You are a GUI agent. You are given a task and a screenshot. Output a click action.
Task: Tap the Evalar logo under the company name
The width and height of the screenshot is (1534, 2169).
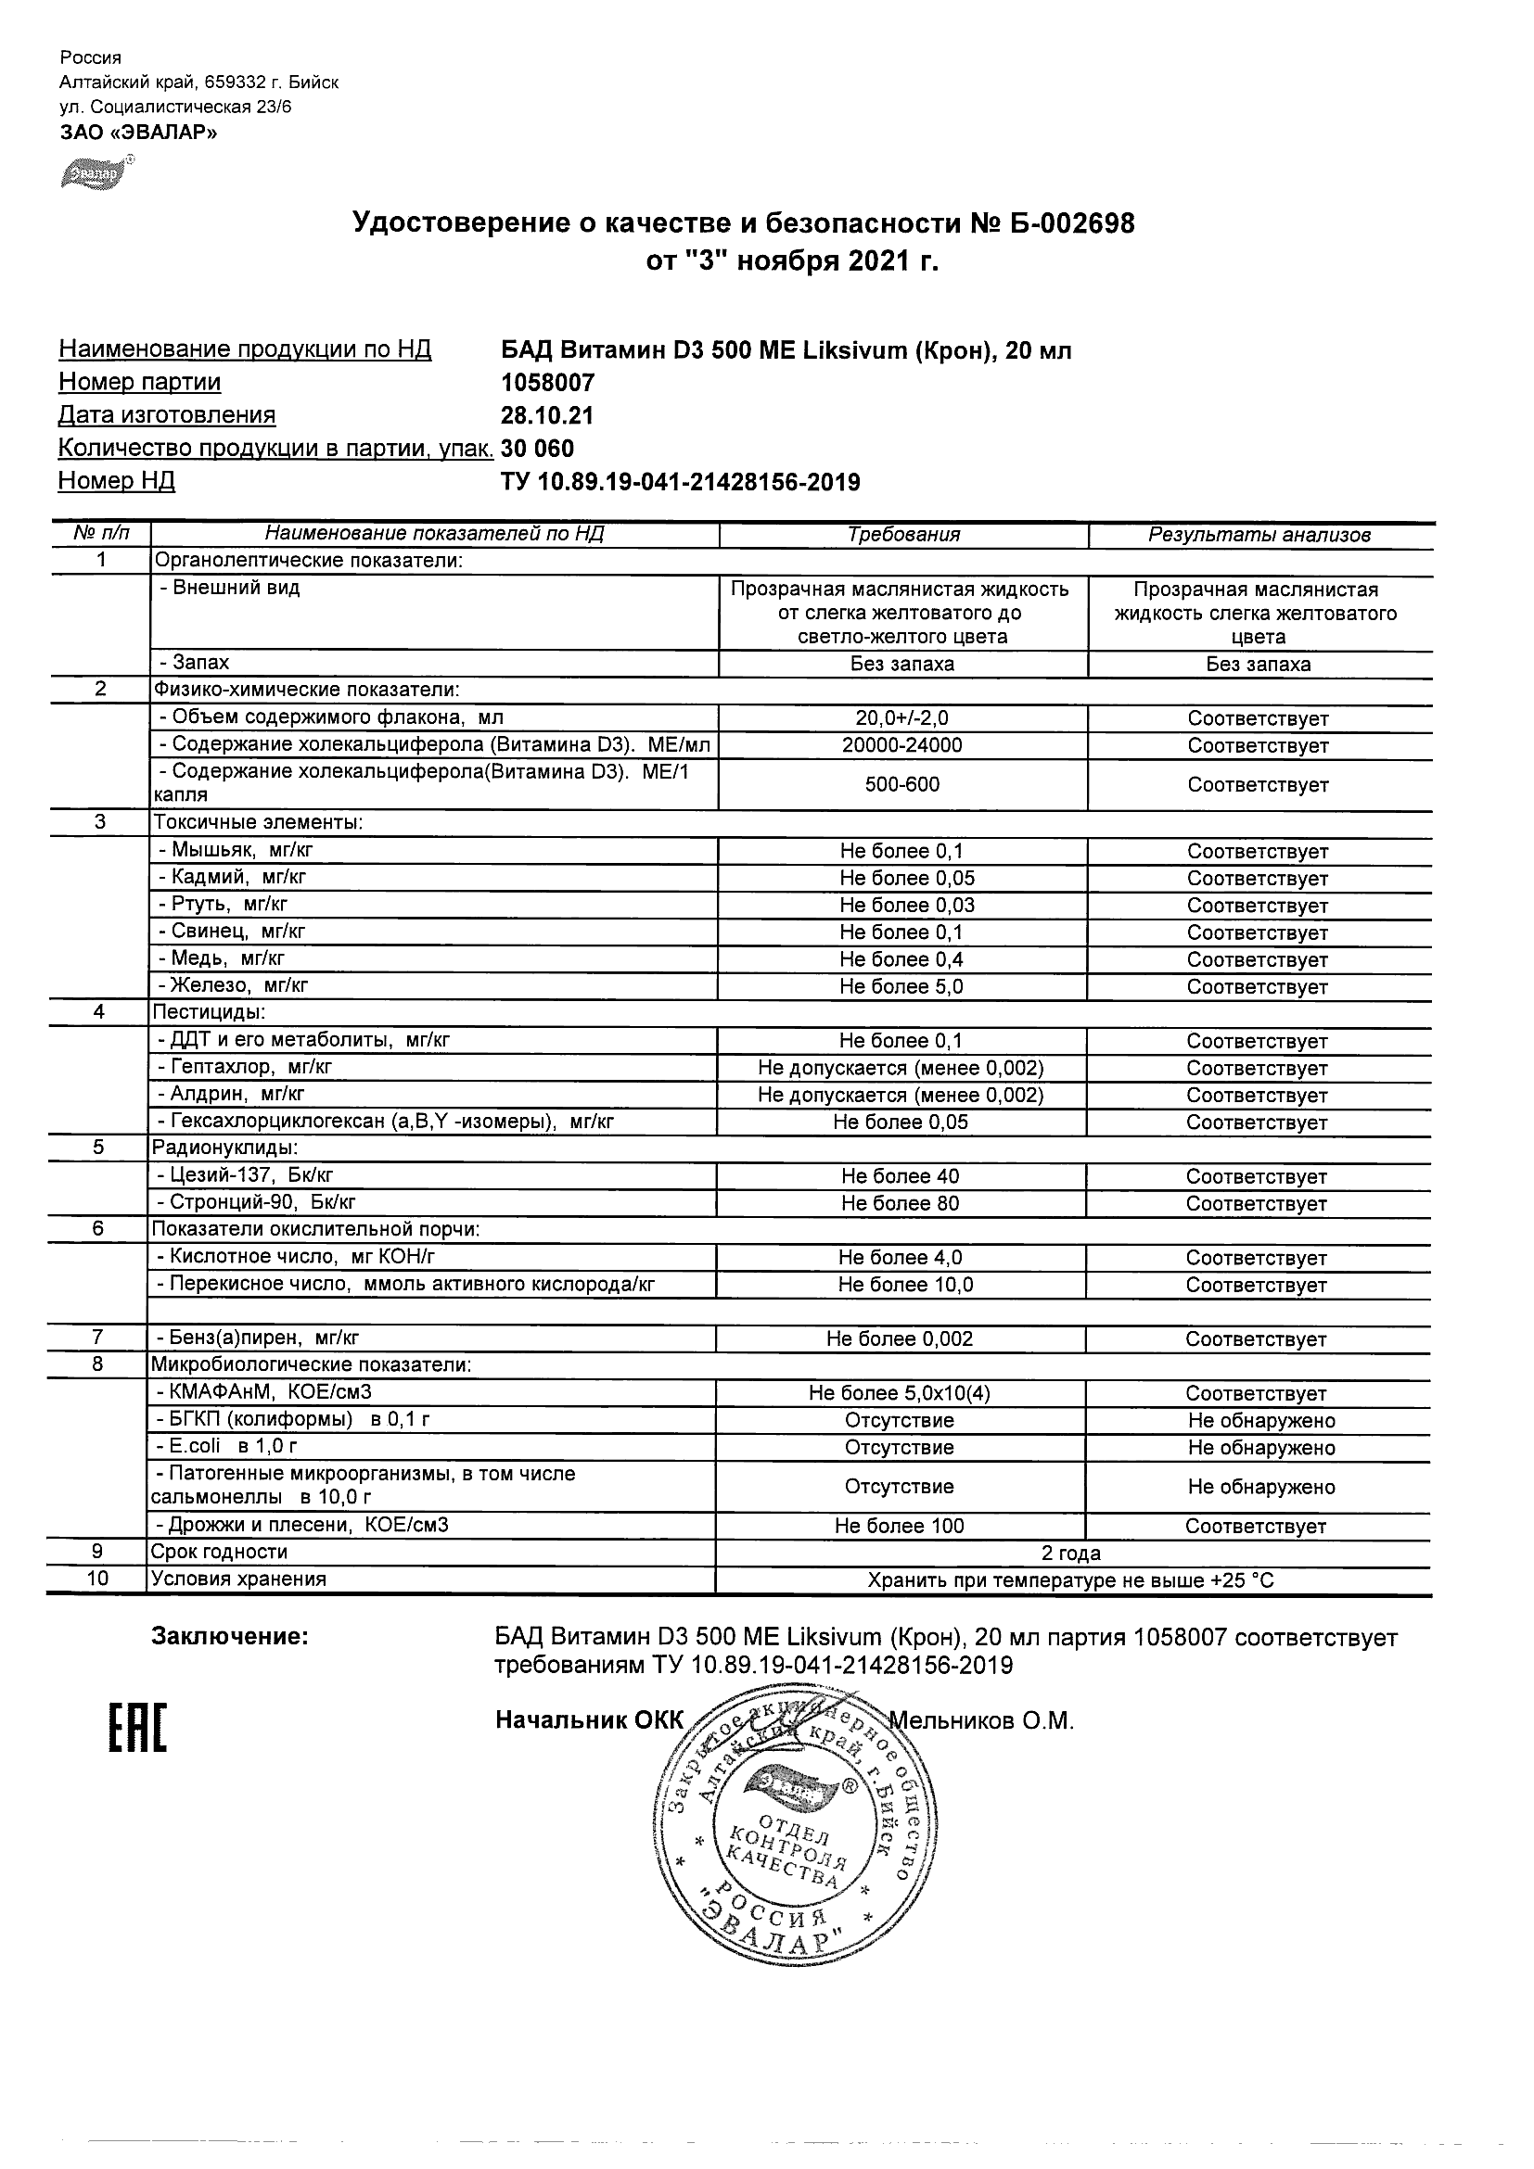(x=95, y=174)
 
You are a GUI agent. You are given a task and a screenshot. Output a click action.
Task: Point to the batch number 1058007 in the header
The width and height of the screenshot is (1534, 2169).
(x=547, y=383)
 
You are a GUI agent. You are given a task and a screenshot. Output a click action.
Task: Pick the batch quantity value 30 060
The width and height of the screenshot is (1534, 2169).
(x=537, y=449)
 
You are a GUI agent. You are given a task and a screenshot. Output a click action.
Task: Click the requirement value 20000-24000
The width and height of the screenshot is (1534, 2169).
(x=901, y=745)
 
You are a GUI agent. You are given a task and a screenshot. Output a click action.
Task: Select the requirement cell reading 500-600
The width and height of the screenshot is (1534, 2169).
(x=901, y=784)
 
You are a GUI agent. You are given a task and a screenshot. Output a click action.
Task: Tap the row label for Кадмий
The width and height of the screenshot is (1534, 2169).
(x=233, y=877)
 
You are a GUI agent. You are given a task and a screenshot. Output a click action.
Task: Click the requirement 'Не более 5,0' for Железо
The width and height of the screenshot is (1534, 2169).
(x=901, y=986)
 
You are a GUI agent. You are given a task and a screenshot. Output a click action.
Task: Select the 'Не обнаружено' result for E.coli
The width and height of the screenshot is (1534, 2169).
(x=1260, y=1447)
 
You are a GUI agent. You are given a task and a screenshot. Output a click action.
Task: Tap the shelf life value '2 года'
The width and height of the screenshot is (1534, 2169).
(x=1071, y=1554)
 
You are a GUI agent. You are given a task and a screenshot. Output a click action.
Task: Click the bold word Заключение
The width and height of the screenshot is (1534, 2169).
(x=230, y=1636)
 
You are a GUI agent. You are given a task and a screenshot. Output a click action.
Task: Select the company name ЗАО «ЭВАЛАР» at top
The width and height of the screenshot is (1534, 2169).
(x=138, y=133)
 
